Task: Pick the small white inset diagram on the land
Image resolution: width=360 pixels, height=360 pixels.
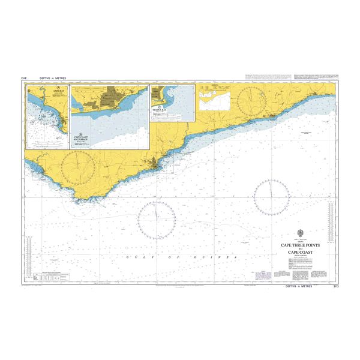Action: [x=215, y=96]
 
